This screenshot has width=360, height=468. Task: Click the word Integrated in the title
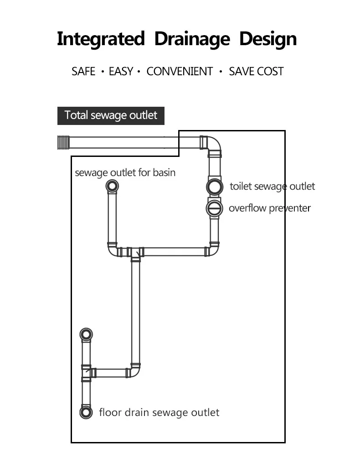click(x=101, y=39)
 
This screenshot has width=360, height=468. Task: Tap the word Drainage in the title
click(x=192, y=39)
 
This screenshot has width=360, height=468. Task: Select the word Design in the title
click(x=268, y=39)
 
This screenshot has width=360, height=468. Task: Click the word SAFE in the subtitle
click(x=83, y=72)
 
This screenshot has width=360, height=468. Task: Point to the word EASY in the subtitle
click(x=121, y=72)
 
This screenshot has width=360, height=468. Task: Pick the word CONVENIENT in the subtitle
click(x=180, y=72)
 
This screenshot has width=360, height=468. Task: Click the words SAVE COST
click(x=256, y=72)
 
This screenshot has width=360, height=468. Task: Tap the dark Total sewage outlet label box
click(x=111, y=115)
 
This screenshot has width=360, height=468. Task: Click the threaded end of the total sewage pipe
click(x=63, y=142)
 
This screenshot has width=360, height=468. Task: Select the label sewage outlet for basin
click(x=125, y=173)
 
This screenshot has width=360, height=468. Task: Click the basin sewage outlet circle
click(x=112, y=186)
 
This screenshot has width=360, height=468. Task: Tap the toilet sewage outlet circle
click(x=215, y=187)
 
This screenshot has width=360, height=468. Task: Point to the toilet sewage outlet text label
click(x=273, y=187)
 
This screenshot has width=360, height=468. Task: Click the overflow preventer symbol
click(x=214, y=208)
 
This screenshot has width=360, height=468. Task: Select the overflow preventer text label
click(x=270, y=208)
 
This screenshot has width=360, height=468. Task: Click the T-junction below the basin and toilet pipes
click(x=135, y=253)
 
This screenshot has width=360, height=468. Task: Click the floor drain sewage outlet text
click(x=159, y=412)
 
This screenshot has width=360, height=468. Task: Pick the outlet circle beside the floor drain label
click(x=86, y=412)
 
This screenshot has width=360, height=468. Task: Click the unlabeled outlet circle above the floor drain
click(x=86, y=334)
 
